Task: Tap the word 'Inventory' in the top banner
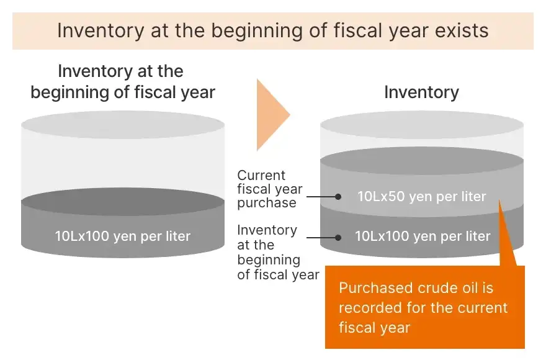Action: [101, 30]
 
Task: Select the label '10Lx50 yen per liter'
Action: [422, 197]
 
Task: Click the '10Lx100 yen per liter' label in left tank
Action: [123, 236]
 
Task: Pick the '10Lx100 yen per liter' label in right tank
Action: [423, 236]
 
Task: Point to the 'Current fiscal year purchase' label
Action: [270, 189]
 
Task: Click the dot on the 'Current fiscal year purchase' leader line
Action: [338, 197]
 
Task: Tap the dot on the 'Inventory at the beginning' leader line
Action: [338, 238]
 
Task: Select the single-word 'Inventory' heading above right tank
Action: [422, 92]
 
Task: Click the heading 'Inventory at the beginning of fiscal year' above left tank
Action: [123, 81]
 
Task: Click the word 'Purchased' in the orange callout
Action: [376, 288]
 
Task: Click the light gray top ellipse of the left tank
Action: [123, 125]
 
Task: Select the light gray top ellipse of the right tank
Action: [422, 125]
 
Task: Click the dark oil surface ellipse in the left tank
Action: [123, 202]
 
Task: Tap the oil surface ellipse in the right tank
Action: [422, 161]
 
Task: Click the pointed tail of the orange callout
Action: [499, 200]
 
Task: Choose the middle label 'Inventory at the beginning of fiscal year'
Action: [278, 253]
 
